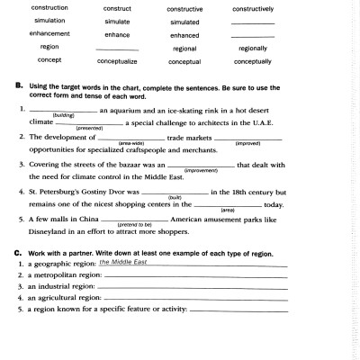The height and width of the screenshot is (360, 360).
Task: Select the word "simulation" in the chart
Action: coord(49,20)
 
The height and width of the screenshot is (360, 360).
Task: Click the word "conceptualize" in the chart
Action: coord(117,61)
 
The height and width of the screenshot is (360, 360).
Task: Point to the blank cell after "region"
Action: coord(117,49)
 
